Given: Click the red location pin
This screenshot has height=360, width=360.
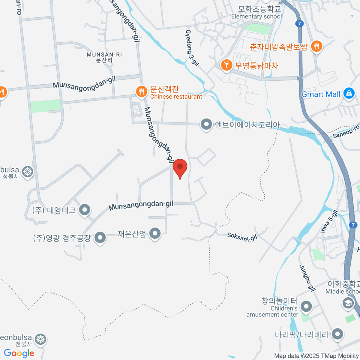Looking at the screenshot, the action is click(x=180, y=167).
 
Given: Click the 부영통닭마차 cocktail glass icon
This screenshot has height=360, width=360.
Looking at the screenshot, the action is click(x=226, y=65).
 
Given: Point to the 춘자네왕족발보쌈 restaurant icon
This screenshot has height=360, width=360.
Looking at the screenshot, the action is click(x=316, y=46).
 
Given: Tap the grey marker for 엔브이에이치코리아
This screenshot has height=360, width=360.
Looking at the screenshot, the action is click(x=206, y=124).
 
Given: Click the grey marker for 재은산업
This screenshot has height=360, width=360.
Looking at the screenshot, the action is click(x=155, y=233).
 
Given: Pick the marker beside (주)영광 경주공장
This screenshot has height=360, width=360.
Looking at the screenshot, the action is click(x=100, y=238).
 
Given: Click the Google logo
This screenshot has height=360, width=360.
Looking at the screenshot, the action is click(x=19, y=353).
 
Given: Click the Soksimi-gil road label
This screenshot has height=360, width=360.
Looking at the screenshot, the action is click(x=242, y=237).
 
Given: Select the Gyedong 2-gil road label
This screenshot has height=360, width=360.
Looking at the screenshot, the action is click(x=192, y=48).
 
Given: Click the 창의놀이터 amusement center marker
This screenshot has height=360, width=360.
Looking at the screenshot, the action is click(x=306, y=306).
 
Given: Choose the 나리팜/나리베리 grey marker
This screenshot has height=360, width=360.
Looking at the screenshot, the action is click(x=337, y=334).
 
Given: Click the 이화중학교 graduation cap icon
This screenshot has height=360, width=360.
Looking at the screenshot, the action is click(x=348, y=303).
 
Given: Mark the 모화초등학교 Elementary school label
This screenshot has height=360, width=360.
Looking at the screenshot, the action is click(x=256, y=13).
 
